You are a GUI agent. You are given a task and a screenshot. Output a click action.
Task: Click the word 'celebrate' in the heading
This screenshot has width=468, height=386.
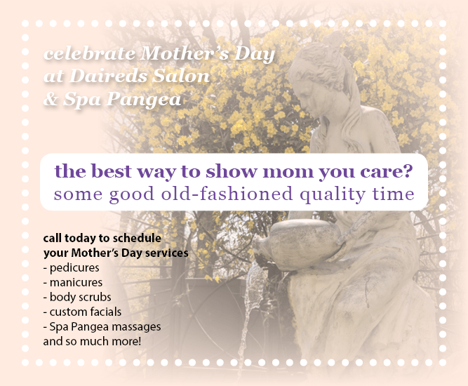click(90, 54)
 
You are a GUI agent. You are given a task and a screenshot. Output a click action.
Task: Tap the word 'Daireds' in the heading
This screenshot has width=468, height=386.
click(108, 76)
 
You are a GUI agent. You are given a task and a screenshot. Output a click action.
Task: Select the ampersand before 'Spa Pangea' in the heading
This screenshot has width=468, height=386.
click(51, 99)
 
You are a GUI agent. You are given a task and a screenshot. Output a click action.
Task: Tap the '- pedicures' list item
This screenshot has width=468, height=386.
click(71, 268)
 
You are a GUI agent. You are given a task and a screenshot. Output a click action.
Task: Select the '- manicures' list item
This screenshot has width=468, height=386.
click(73, 282)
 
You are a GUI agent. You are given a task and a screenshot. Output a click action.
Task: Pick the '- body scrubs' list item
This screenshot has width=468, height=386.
click(77, 297)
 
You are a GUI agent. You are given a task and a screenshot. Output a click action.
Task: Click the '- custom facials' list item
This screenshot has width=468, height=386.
click(82, 312)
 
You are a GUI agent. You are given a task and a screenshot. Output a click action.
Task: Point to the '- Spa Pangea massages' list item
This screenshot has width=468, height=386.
click(102, 327)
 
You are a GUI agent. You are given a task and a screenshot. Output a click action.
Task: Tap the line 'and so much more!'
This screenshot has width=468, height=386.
click(92, 341)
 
